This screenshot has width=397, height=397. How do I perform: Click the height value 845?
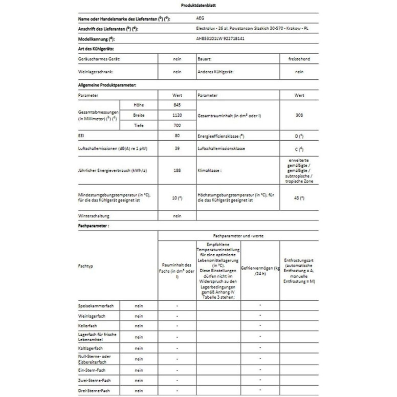click(x=177, y=105)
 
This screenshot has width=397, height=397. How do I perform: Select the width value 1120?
click(x=177, y=116)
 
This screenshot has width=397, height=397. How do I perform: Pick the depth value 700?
click(x=177, y=126)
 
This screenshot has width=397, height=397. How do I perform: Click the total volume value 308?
click(x=299, y=116)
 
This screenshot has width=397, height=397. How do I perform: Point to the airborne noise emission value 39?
click(x=177, y=148)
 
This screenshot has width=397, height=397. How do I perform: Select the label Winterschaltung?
click(x=95, y=216)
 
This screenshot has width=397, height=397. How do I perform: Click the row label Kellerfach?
click(x=87, y=326)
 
